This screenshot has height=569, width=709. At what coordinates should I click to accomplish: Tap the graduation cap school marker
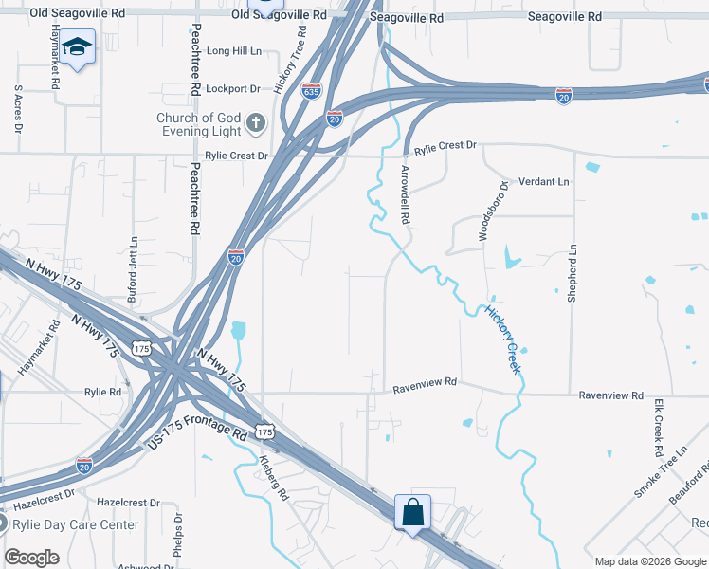tap(80, 46)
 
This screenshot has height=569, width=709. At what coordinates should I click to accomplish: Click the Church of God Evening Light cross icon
tap(255, 122)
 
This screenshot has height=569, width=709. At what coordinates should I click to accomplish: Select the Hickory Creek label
tap(503, 339)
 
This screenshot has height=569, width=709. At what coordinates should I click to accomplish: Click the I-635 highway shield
tap(311, 91)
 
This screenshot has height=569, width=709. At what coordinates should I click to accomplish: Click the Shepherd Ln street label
tap(572, 272)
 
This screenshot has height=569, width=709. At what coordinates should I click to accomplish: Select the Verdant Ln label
tap(543, 181)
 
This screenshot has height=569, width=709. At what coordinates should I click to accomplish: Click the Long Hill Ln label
tap(233, 51)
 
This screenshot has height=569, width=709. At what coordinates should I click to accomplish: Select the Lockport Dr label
tap(233, 88)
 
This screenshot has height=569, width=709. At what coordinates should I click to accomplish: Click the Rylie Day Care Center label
tap(75, 524)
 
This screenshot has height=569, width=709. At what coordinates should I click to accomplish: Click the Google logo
tap(31, 558)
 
